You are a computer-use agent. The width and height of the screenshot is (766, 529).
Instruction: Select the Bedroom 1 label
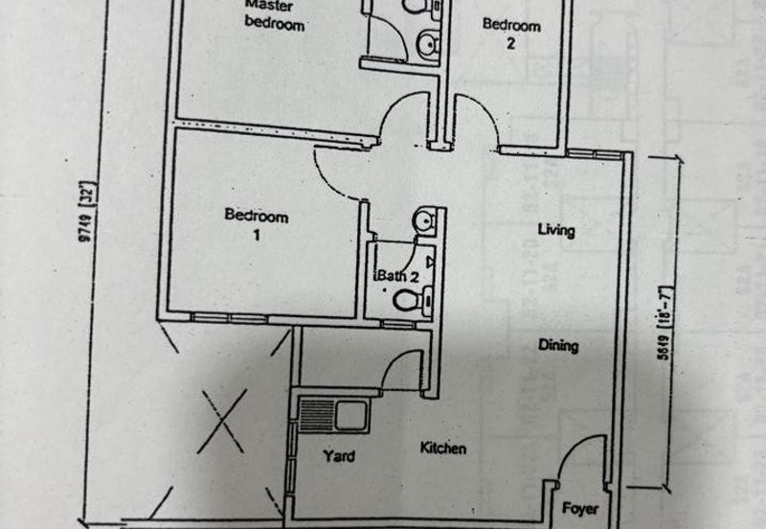[x=256, y=224]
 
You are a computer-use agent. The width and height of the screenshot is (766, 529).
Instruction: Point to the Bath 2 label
[x=397, y=276]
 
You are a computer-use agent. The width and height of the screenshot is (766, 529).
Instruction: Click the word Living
[x=556, y=230]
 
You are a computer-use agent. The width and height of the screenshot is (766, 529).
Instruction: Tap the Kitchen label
[x=442, y=448]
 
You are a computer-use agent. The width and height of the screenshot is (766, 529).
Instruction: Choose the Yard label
[x=338, y=455]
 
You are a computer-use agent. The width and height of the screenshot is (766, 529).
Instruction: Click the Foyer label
[x=580, y=508]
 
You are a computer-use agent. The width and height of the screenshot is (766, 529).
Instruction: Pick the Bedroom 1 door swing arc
[x=335, y=172]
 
